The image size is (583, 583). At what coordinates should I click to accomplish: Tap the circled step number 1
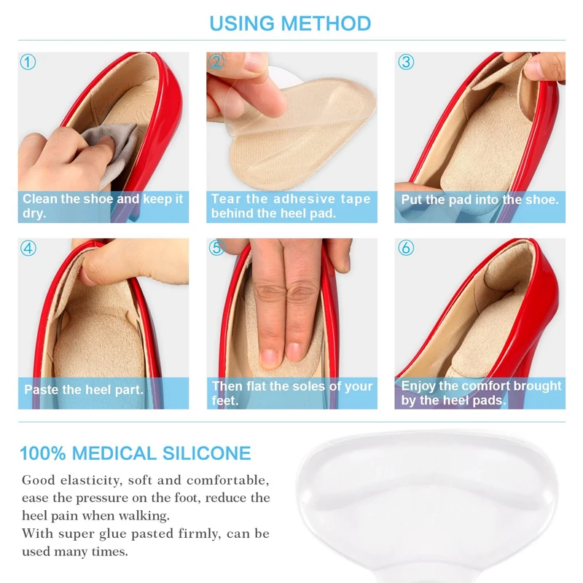pyautogui.click(x=28, y=62)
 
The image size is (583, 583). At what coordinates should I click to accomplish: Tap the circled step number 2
pyautogui.click(x=216, y=62)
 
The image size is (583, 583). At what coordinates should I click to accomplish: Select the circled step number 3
pyautogui.click(x=406, y=62)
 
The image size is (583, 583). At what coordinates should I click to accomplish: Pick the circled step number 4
pyautogui.click(x=28, y=248)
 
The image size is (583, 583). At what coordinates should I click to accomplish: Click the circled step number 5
pyautogui.click(x=216, y=248)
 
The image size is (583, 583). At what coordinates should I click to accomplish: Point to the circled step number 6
pyautogui.click(x=406, y=248)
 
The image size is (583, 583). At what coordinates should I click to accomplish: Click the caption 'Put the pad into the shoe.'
pyautogui.click(x=480, y=199)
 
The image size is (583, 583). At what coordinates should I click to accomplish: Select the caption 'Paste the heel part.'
pyautogui.click(x=84, y=389)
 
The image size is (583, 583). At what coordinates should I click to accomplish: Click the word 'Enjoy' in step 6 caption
pyautogui.click(x=420, y=386)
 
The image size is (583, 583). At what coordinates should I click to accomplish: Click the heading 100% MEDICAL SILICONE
pyautogui.click(x=135, y=453)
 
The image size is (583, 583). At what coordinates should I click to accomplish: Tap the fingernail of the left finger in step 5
pyautogui.click(x=270, y=356)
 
